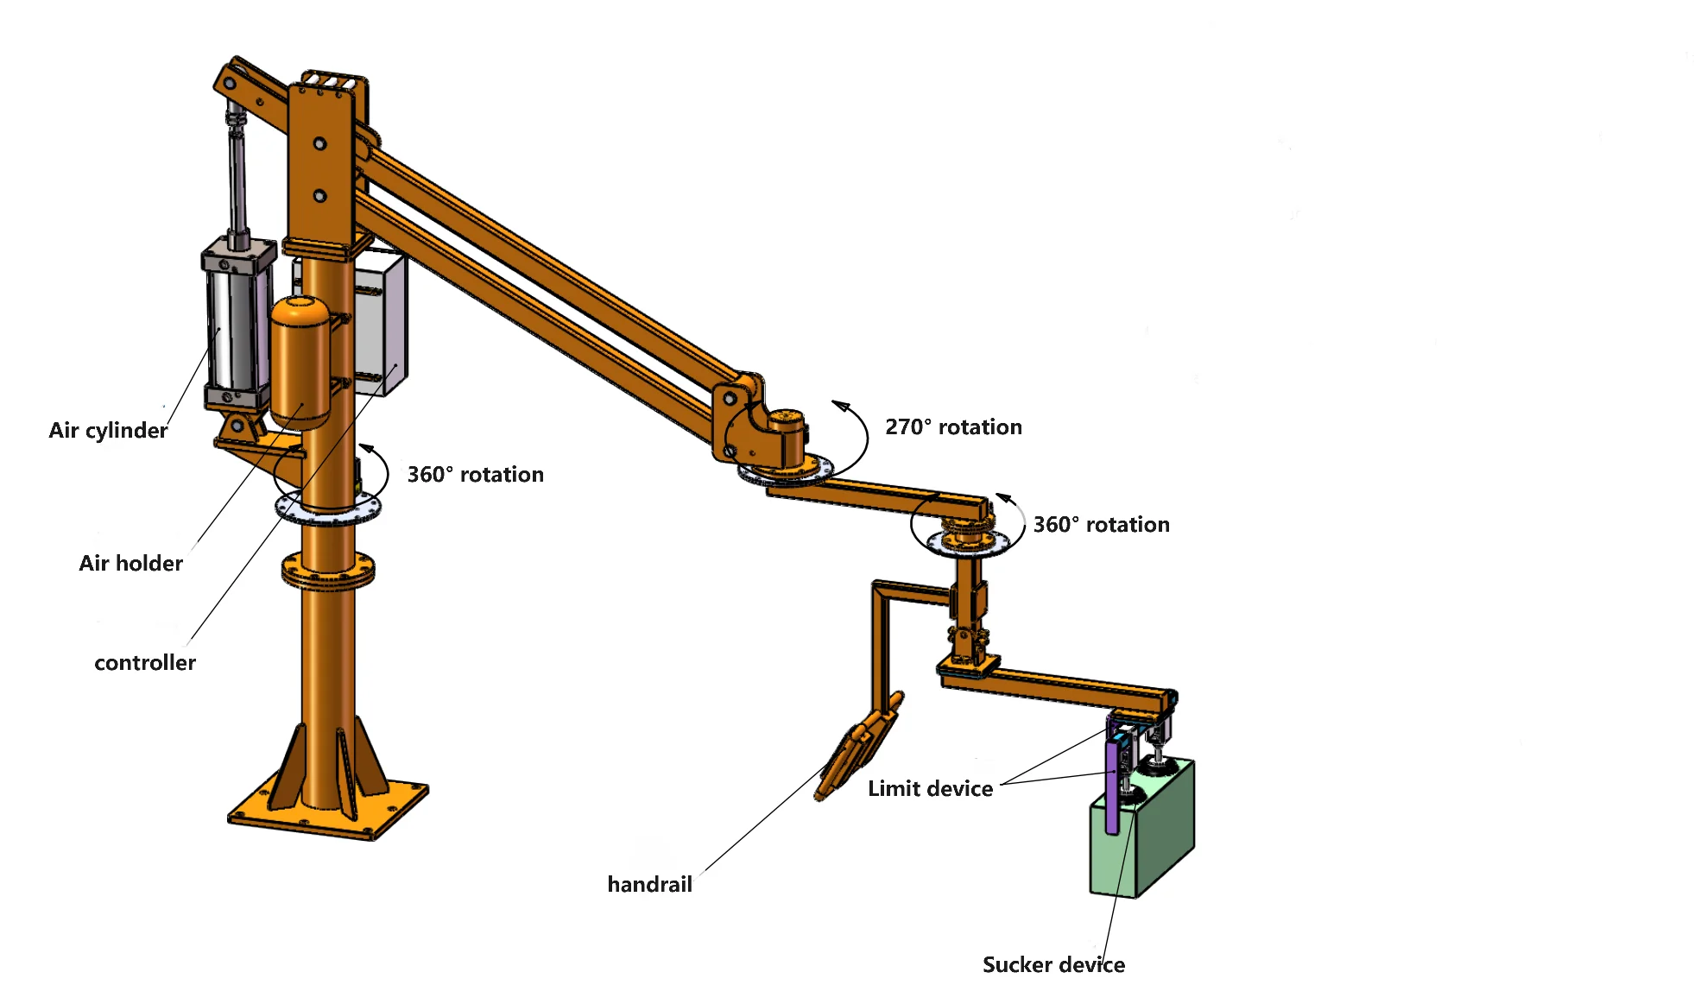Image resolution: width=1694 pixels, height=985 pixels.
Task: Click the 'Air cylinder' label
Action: pyautogui.click(x=108, y=430)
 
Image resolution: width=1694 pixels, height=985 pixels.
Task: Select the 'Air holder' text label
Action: pyautogui.click(x=130, y=563)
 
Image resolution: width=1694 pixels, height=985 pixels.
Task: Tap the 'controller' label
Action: pyautogui.click(x=144, y=662)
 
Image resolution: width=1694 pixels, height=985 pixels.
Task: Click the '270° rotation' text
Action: pyautogui.click(x=953, y=426)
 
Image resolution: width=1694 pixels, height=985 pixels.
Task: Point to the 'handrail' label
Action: pyautogui.click(x=649, y=884)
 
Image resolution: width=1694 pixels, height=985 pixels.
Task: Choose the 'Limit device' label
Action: pyautogui.click(x=930, y=788)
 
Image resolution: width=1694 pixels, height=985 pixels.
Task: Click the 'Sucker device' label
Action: pyautogui.click(x=1053, y=964)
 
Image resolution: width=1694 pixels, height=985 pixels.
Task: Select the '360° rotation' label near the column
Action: pyautogui.click(x=475, y=474)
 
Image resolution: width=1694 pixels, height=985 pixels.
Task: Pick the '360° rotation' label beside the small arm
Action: pyautogui.click(x=1101, y=524)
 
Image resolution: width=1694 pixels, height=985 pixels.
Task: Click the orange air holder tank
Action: pyautogui.click(x=300, y=363)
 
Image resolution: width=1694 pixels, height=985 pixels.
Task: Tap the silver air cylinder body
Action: pyautogui.click(x=233, y=328)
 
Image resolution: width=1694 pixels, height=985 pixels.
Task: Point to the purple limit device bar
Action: pyautogui.click(x=1112, y=786)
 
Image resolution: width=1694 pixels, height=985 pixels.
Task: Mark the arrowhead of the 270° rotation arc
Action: pyautogui.click(x=840, y=406)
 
